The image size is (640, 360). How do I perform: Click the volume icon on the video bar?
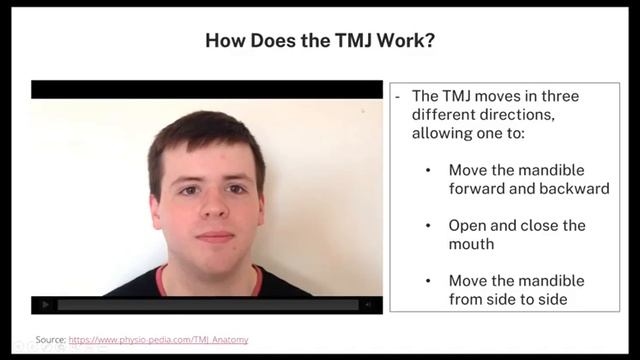point(367,304)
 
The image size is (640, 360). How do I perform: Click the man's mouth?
point(213,236)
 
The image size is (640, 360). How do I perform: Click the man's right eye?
point(188,189)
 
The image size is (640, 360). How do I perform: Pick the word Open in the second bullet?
point(467,225)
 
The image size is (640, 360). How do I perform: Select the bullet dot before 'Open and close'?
point(429,225)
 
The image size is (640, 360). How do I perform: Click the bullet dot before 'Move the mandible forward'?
point(429,170)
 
